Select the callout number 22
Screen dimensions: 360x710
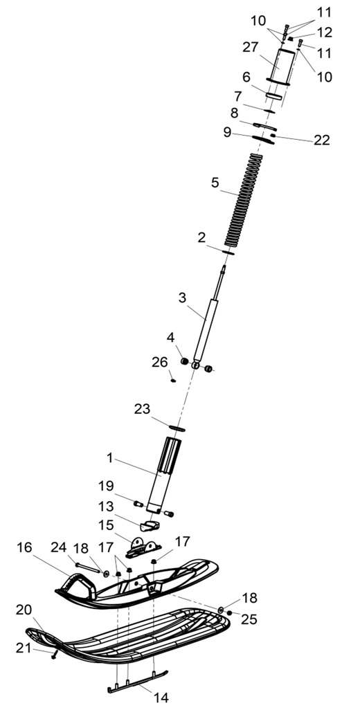pos(322,140)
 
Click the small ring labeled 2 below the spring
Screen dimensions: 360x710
pos(228,252)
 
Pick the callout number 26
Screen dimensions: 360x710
pos(159,362)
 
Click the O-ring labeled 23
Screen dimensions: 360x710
pos(177,428)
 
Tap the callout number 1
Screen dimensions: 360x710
pos(109,458)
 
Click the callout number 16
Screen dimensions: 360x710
pos(25,547)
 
